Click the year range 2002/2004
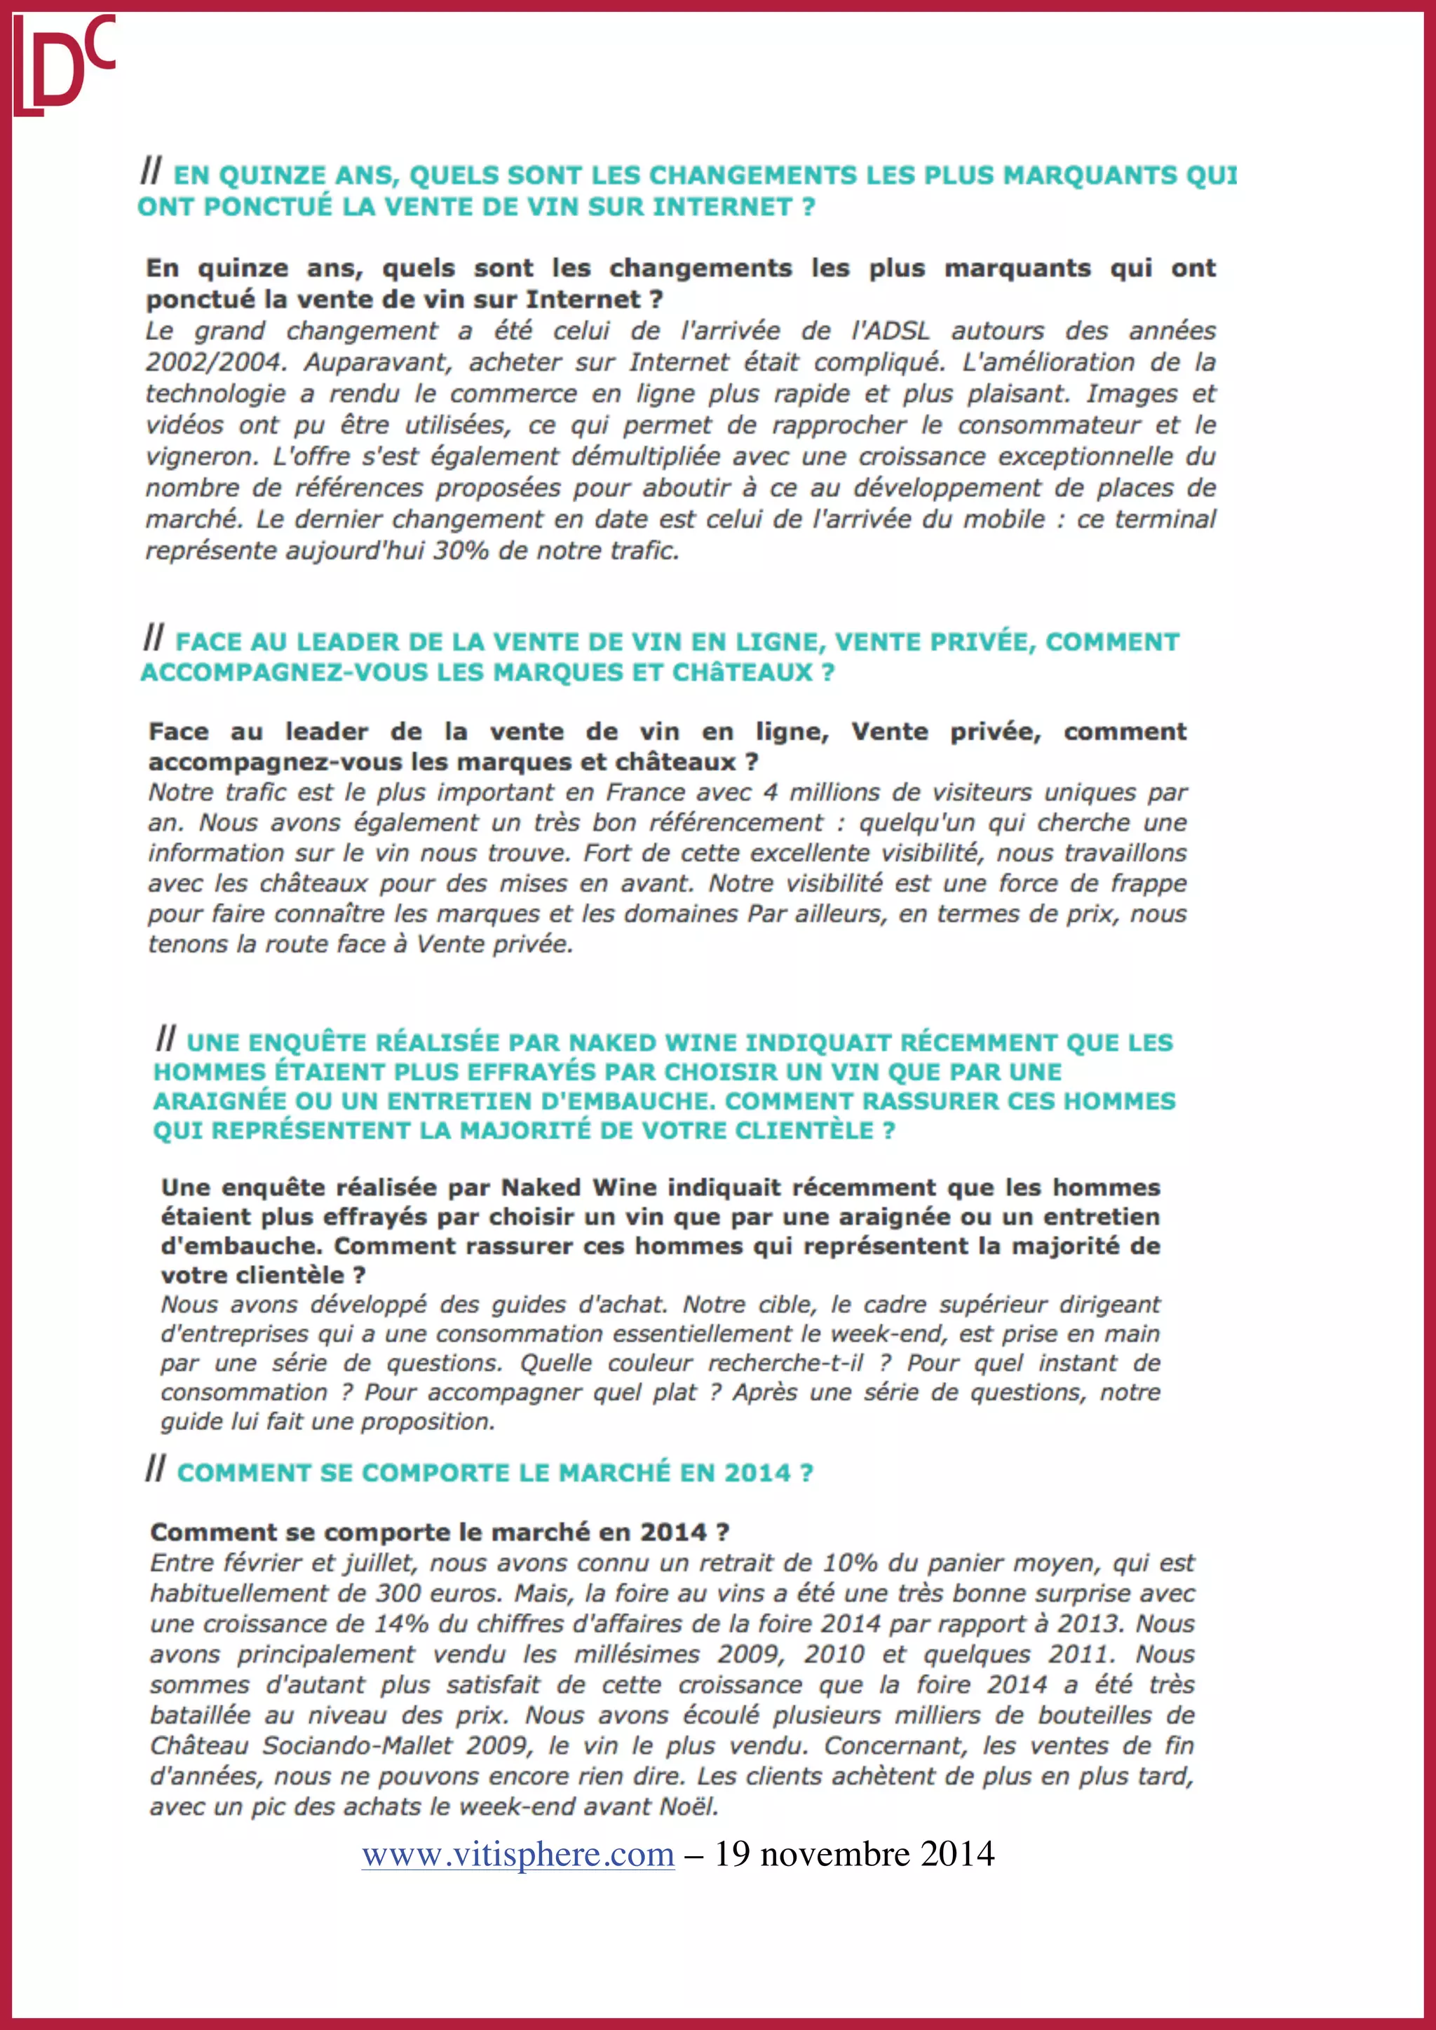213,362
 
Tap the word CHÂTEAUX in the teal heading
742,673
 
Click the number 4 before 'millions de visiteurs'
770,792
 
